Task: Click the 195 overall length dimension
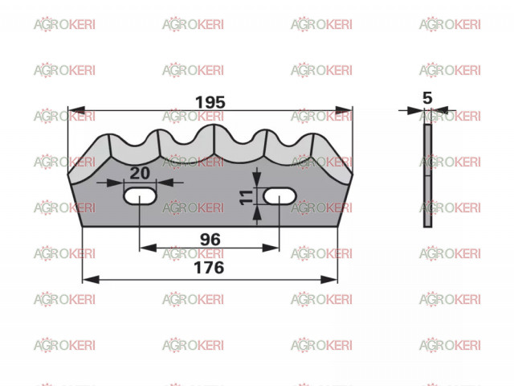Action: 210,102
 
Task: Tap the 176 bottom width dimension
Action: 209,268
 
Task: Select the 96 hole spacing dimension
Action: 210,240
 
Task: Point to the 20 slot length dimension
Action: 140,173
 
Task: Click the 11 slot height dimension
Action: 247,197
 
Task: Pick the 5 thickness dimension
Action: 427,98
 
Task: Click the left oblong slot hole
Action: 140,196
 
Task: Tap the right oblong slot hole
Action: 279,196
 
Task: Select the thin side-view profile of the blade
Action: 427,175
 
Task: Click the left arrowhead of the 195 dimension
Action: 76,110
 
